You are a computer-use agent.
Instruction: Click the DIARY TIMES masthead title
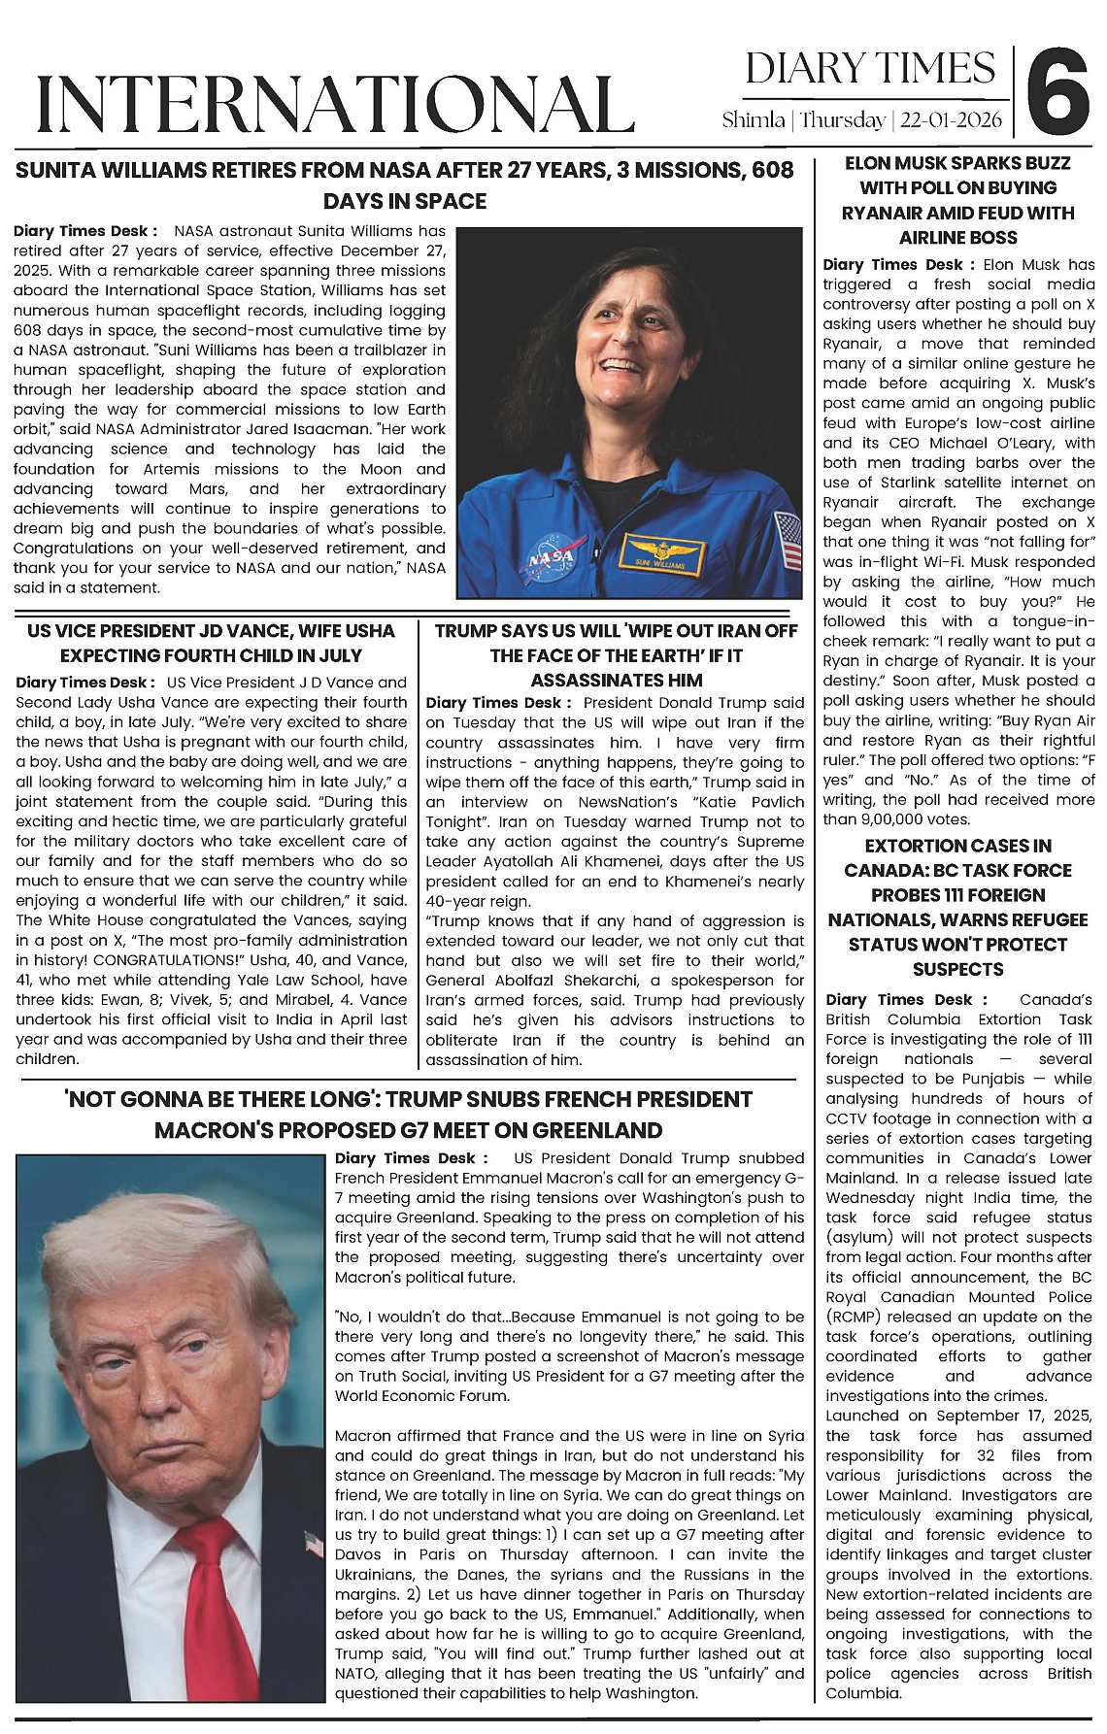pos(871,68)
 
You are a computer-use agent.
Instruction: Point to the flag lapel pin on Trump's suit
pos(312,1544)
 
